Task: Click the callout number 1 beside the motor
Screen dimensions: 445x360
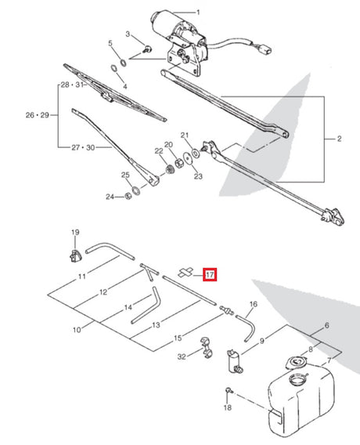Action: point(198,13)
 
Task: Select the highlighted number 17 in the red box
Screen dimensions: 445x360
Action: point(210,275)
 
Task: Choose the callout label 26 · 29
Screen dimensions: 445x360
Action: point(37,115)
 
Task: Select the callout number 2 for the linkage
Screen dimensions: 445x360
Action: point(339,139)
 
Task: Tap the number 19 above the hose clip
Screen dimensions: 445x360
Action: point(75,233)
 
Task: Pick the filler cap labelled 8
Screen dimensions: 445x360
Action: point(296,362)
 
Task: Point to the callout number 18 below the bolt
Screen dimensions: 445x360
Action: point(227,408)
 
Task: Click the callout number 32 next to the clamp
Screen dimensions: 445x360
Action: point(182,356)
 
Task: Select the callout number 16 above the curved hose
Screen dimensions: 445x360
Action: point(253,304)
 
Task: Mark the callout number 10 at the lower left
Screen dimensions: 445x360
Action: point(77,331)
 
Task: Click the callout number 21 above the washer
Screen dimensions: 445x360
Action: point(185,136)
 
